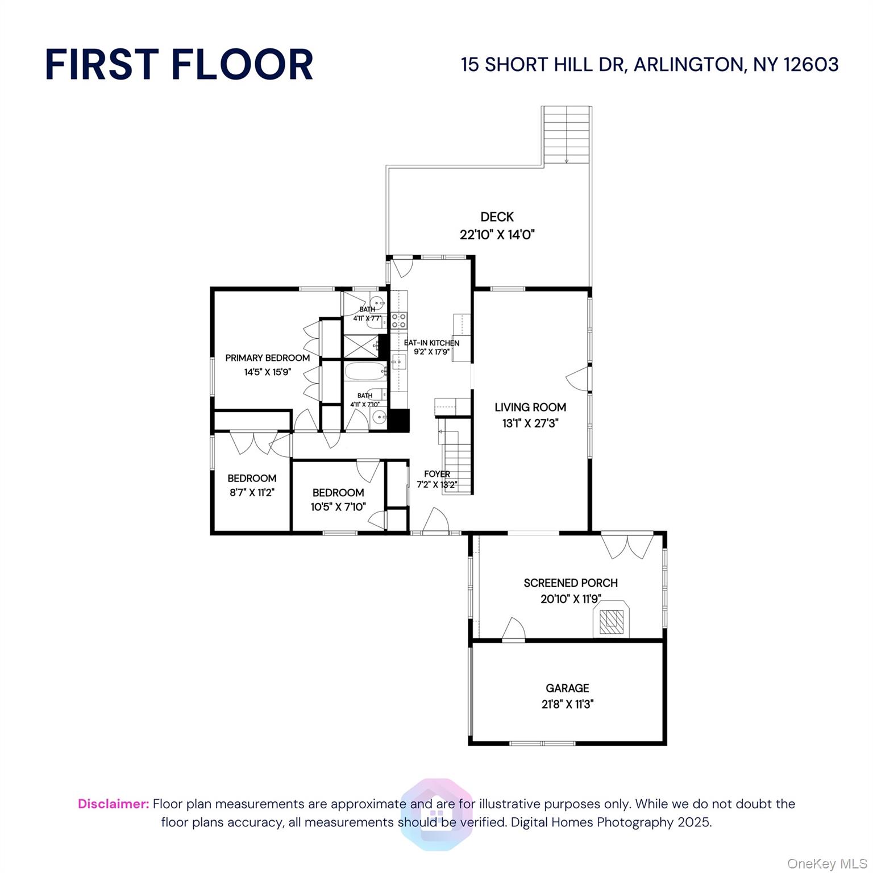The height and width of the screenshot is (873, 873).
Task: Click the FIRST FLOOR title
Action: (x=179, y=64)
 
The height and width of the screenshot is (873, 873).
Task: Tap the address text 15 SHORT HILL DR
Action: (x=543, y=65)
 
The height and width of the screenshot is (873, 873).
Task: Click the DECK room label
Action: (x=497, y=217)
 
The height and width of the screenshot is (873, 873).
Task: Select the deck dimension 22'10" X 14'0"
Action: (x=497, y=234)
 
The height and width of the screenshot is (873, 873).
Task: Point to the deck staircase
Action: (x=567, y=135)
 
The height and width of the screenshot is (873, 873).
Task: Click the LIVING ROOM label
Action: (x=530, y=407)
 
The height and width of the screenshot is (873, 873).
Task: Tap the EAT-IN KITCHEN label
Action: (x=431, y=343)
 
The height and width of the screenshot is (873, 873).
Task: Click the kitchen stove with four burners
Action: (x=398, y=321)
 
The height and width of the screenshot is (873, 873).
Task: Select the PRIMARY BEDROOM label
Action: (x=267, y=357)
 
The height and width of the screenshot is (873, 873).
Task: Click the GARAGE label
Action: (x=567, y=688)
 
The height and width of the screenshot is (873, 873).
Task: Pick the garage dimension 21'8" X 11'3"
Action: (x=567, y=704)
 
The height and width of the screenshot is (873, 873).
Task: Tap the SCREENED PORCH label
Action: (x=570, y=583)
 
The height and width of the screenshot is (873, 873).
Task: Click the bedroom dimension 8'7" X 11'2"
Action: (x=252, y=492)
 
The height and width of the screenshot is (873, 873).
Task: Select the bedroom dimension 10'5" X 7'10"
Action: (x=338, y=506)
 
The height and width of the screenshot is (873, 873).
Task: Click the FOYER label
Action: (x=436, y=473)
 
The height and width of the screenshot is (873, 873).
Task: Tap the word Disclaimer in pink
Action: (x=113, y=804)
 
